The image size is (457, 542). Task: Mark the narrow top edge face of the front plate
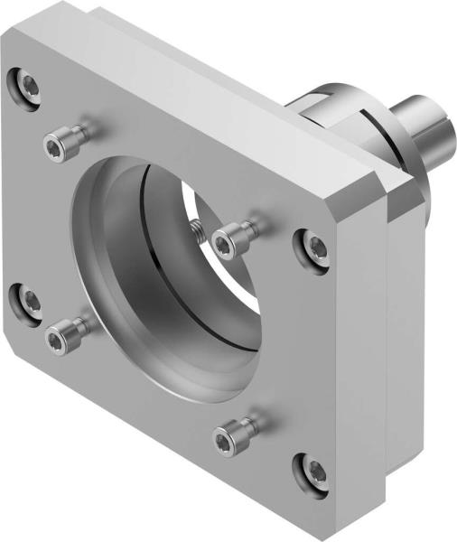[x=181, y=99]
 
